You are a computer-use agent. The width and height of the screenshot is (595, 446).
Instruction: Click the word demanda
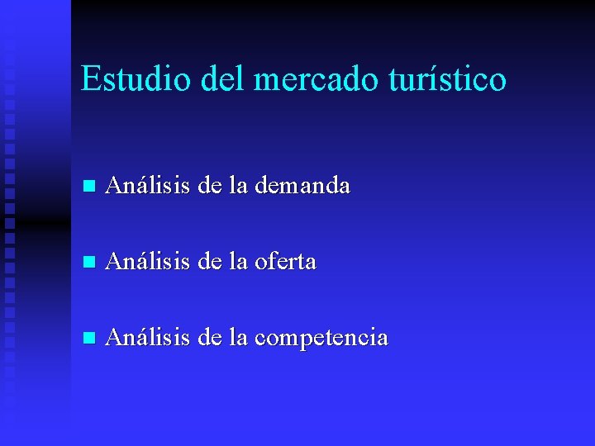point(302,186)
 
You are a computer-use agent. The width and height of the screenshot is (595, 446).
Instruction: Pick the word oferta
point(285,262)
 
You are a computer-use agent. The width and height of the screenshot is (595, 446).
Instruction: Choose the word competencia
point(321,338)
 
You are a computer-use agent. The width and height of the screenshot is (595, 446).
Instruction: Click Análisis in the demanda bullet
point(148,186)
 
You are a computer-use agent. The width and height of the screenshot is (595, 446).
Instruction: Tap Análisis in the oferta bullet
point(148,262)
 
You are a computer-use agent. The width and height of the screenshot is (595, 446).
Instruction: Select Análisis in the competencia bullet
point(148,338)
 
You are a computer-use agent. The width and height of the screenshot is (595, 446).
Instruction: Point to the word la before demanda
point(238,186)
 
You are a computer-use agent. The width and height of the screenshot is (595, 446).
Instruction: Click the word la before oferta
point(238,262)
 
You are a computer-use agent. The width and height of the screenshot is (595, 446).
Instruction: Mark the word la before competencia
point(238,338)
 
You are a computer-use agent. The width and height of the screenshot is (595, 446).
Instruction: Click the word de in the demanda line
point(209,186)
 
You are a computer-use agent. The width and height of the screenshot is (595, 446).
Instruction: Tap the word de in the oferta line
point(209,262)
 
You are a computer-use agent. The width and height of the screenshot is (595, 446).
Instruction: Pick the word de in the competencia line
point(209,338)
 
